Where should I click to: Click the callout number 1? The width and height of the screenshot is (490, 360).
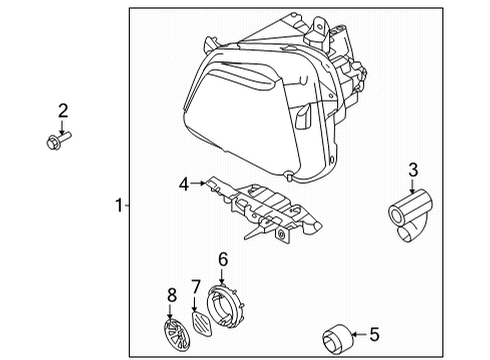(118, 206)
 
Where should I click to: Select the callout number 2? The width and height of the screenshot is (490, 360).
(62, 110)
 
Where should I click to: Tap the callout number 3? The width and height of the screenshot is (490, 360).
(411, 169)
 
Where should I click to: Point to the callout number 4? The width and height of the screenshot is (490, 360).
(183, 184)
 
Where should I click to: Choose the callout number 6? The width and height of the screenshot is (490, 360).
(222, 258)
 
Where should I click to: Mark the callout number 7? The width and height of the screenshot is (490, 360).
(197, 286)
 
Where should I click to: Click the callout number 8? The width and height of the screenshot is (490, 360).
(172, 296)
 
